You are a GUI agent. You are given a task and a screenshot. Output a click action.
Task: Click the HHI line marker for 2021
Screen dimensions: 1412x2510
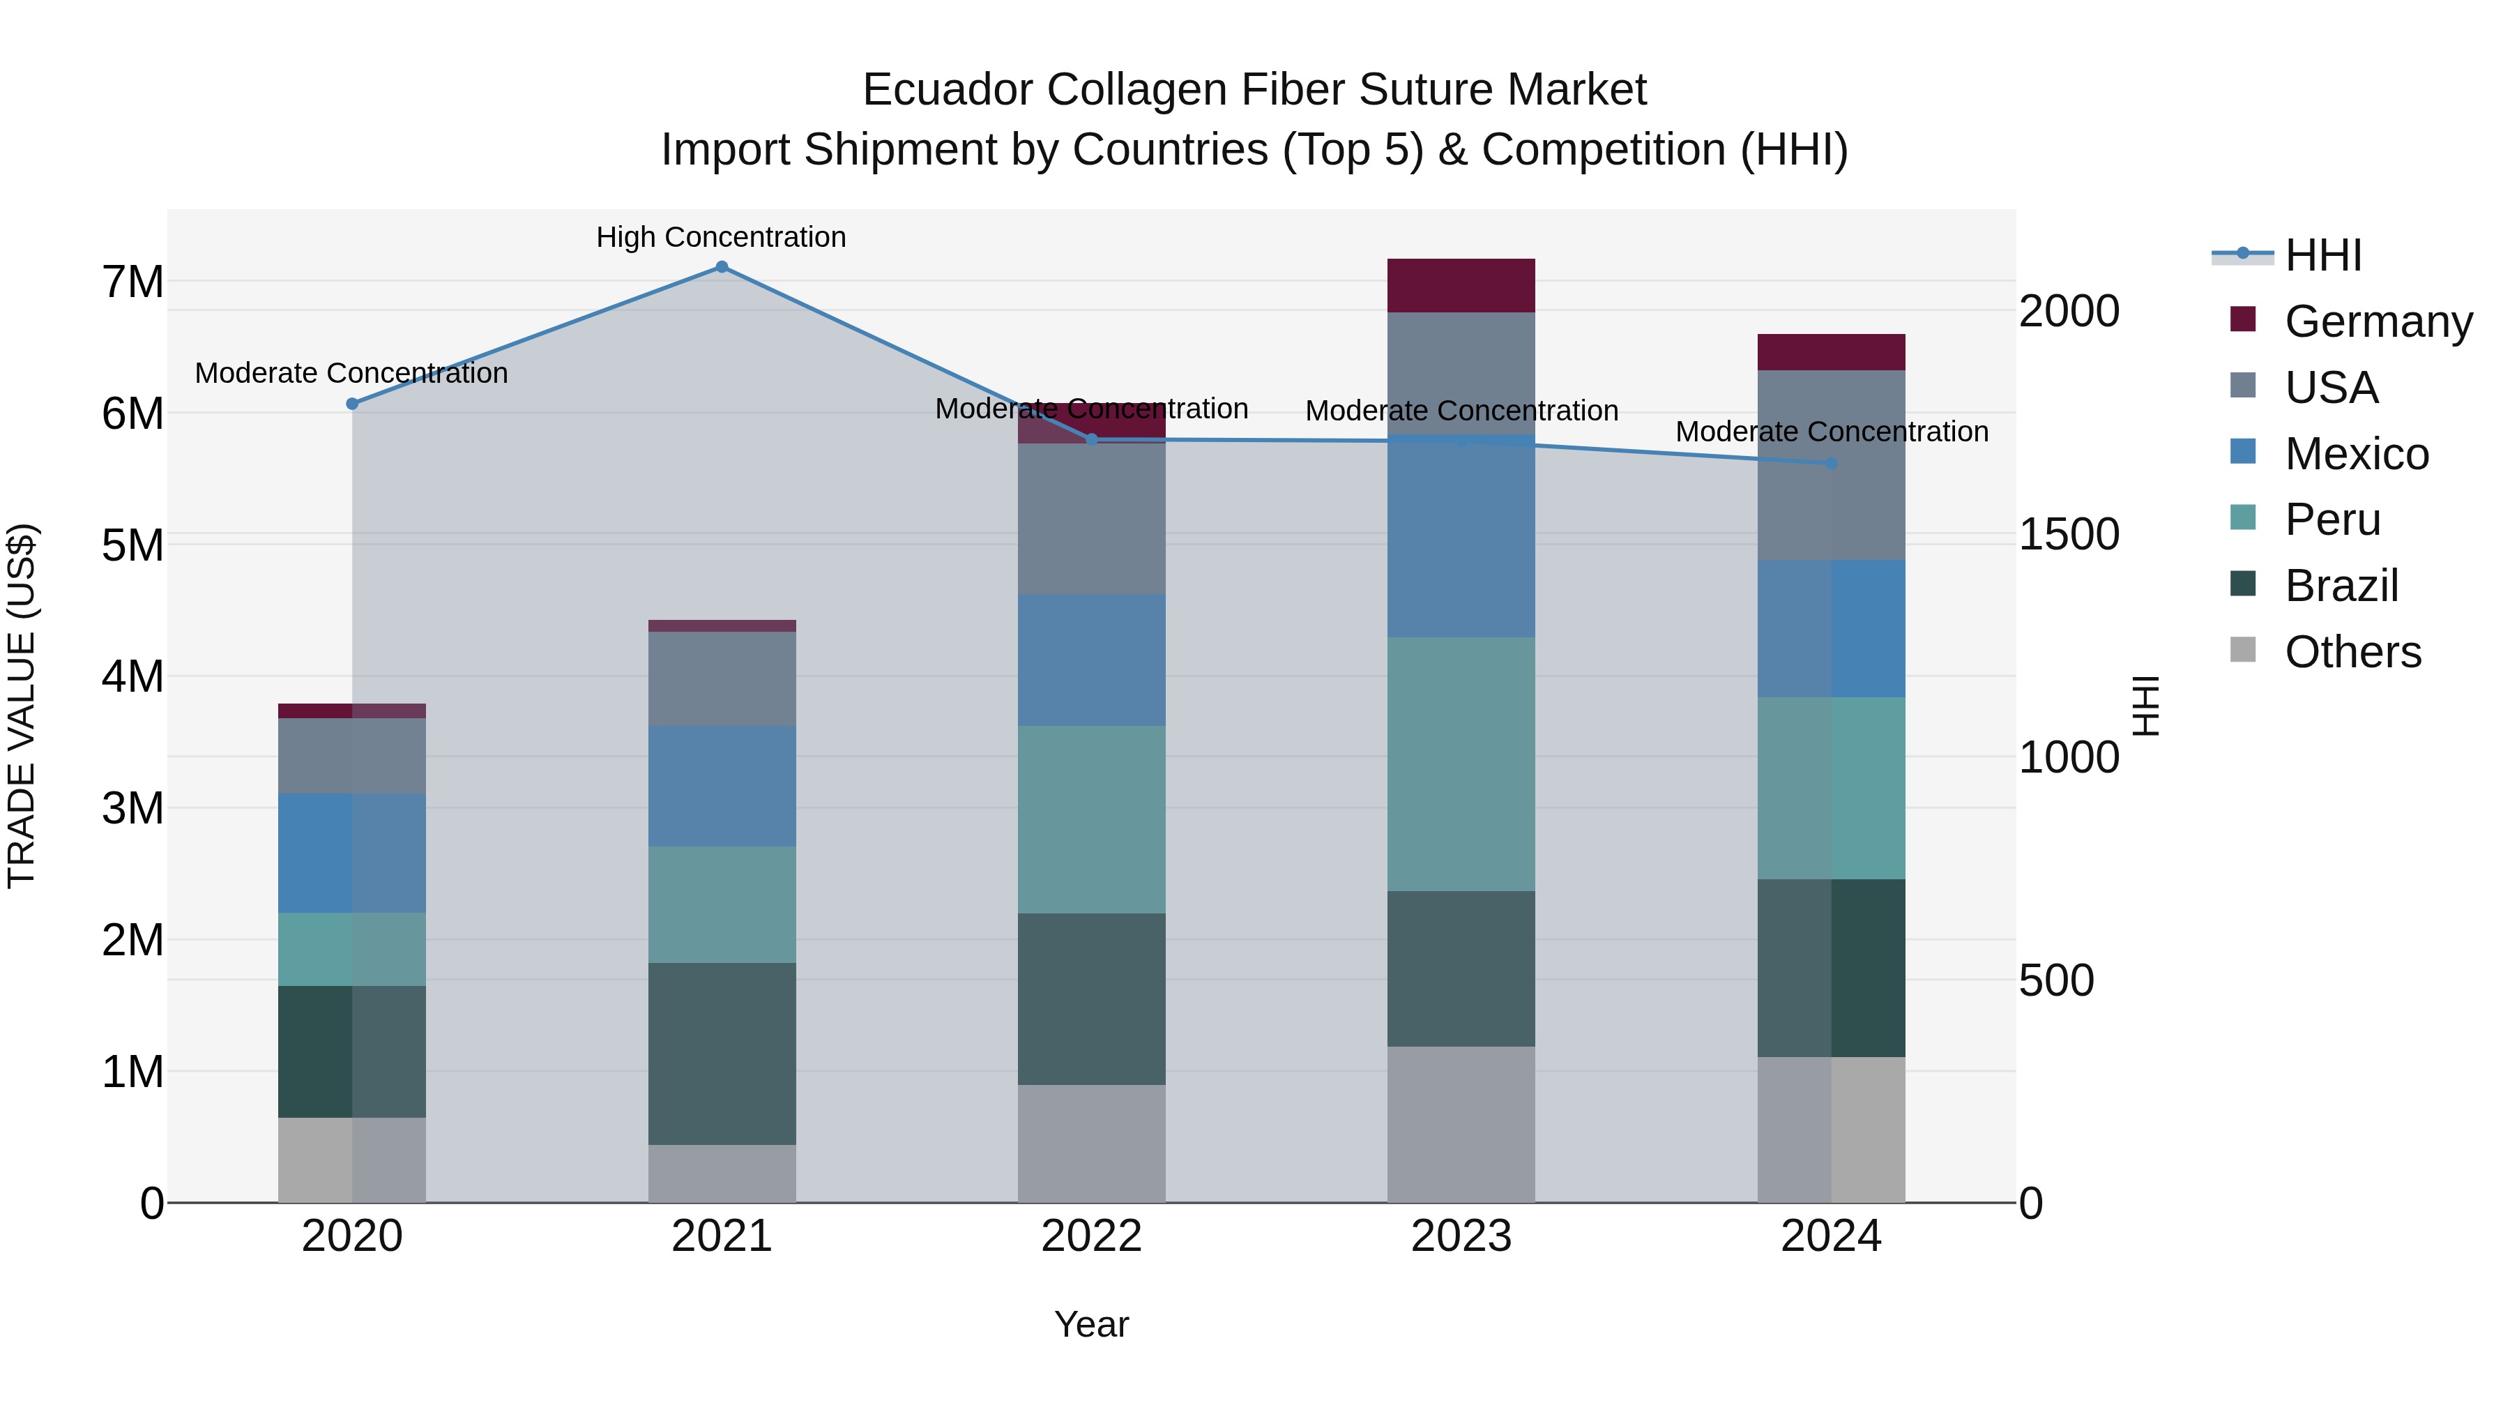(x=721, y=267)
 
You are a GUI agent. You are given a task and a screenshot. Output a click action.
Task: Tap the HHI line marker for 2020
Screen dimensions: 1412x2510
(x=353, y=404)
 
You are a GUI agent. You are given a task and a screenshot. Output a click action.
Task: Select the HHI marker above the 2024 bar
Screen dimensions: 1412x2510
(x=1831, y=464)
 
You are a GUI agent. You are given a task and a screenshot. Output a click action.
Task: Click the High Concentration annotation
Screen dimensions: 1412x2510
(x=721, y=237)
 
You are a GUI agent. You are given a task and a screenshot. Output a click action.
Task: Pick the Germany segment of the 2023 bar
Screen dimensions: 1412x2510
(x=1461, y=285)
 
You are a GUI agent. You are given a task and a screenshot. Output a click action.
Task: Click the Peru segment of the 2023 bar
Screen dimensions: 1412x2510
(x=1461, y=764)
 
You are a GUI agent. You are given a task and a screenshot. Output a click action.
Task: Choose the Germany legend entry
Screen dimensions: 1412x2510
(x=2378, y=321)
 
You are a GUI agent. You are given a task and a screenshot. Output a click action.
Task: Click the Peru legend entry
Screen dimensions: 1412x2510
(x=2332, y=519)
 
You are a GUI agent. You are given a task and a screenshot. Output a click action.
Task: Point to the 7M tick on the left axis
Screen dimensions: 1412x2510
(x=132, y=282)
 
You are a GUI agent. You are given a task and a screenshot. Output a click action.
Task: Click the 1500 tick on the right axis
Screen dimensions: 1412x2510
(x=2068, y=534)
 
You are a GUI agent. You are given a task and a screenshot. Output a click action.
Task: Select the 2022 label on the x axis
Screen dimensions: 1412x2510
(x=1091, y=1236)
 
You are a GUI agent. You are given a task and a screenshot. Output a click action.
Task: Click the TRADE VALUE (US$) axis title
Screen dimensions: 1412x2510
(x=22, y=706)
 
